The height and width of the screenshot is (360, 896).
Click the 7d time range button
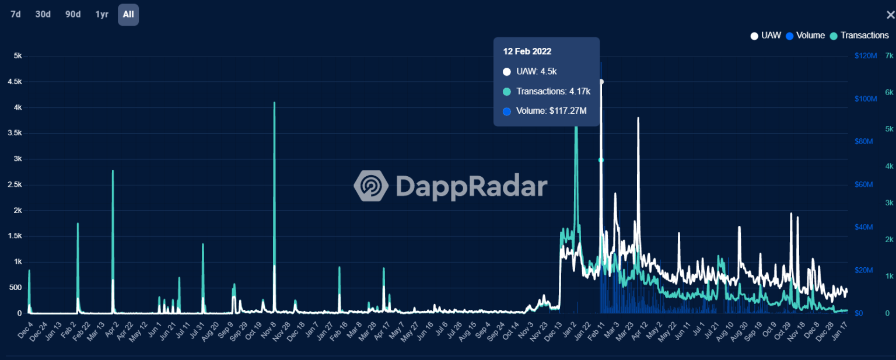(16, 15)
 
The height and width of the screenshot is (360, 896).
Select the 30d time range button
(43, 15)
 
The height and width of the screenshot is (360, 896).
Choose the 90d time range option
(73, 15)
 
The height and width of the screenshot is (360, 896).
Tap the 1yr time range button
(102, 15)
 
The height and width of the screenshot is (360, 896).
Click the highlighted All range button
(128, 15)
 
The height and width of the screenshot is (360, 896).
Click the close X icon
(890, 15)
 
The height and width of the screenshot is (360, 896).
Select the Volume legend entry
(806, 36)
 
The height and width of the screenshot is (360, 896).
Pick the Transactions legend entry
(859, 36)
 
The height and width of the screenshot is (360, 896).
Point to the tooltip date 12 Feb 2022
(527, 51)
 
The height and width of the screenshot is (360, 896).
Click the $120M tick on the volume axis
(866, 56)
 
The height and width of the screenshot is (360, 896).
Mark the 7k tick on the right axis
(889, 56)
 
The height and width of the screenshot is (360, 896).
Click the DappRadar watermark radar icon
(371, 186)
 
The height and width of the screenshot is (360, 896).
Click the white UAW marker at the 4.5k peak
(601, 82)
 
